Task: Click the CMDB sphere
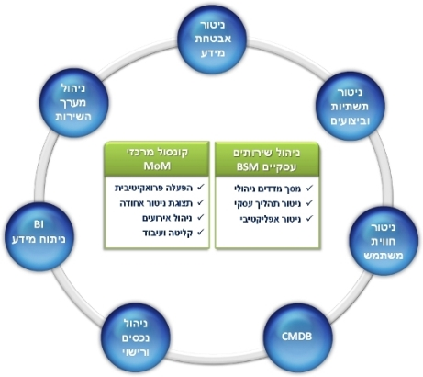click(x=297, y=337)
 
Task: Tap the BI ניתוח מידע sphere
click(x=39, y=236)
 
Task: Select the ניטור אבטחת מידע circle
click(x=213, y=40)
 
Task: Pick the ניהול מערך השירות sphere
click(x=74, y=103)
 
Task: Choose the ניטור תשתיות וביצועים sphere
click(x=351, y=106)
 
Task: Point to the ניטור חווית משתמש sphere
click(x=384, y=241)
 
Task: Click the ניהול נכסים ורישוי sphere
click(x=136, y=337)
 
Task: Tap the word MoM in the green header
click(x=157, y=166)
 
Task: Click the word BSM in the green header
click(x=248, y=167)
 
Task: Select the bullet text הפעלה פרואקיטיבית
click(x=153, y=188)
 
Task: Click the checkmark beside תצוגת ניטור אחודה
click(x=201, y=202)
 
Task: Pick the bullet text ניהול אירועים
click(x=167, y=218)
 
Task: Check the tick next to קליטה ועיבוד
click(x=201, y=232)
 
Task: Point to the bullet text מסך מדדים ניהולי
click(x=267, y=188)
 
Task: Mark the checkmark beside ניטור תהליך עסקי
click(x=309, y=202)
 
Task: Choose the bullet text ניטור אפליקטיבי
click(x=271, y=219)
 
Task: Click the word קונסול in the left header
click(x=175, y=153)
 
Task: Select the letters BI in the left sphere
click(x=39, y=224)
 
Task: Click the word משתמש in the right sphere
click(x=384, y=256)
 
